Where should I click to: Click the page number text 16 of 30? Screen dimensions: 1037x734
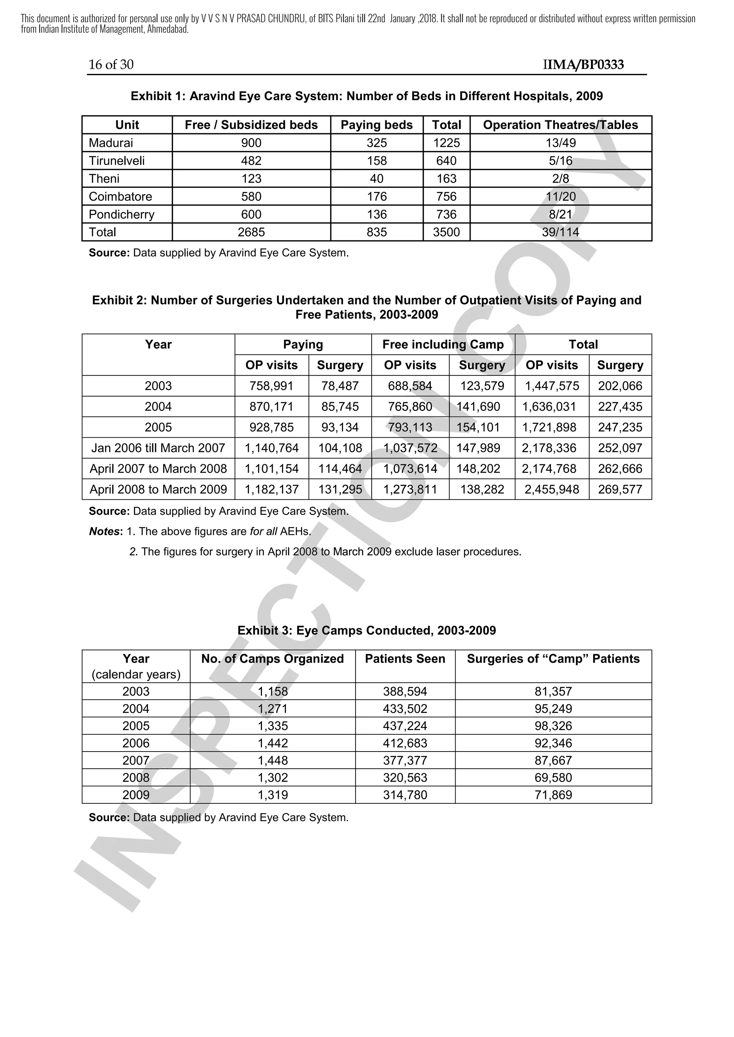[x=111, y=64]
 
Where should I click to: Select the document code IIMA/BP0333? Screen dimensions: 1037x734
[x=583, y=64]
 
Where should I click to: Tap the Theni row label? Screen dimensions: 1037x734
[x=104, y=178]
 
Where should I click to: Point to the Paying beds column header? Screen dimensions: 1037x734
[x=376, y=125]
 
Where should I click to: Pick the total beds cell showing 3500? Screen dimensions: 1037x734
[x=446, y=232]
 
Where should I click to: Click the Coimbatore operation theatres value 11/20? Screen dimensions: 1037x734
[x=561, y=196]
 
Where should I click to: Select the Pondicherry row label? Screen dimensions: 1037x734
[x=121, y=214]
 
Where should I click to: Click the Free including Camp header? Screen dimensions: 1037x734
[x=443, y=345]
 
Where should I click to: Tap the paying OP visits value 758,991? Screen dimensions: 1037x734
[x=271, y=386]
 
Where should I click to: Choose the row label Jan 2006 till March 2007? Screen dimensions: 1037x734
[x=158, y=448]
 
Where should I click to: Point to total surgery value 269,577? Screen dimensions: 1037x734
[x=620, y=490]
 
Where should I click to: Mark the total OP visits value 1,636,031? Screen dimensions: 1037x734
[x=549, y=407]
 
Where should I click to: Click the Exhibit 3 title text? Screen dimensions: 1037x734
[x=367, y=630]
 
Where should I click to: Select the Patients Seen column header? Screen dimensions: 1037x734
[x=405, y=659]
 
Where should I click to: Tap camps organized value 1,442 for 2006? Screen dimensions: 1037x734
[x=272, y=743]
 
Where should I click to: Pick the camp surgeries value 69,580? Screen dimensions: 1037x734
[x=553, y=778]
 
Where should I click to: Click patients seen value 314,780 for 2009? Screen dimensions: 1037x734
[x=405, y=795]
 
